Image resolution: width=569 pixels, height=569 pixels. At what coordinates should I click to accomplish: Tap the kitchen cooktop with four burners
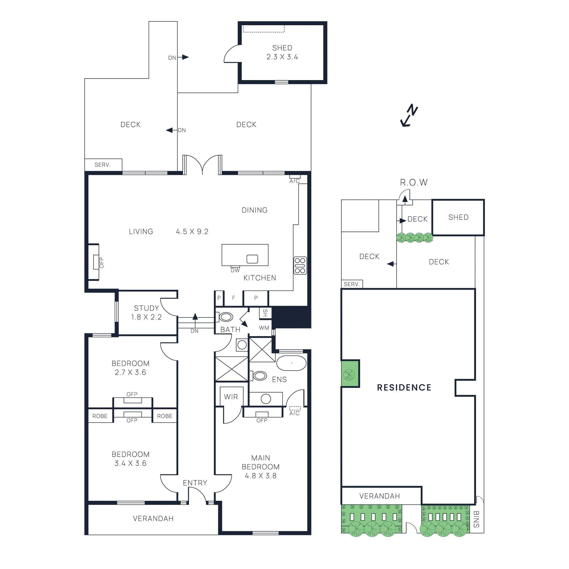300,266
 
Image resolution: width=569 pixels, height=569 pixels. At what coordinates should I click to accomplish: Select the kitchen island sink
252,259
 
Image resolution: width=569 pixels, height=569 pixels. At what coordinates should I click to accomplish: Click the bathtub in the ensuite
291,363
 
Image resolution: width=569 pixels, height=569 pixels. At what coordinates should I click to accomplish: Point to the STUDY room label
146,308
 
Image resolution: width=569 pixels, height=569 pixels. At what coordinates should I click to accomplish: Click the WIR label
231,397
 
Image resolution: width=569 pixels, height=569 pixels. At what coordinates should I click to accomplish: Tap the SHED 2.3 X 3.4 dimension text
282,57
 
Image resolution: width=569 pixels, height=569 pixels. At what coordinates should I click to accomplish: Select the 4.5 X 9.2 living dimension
192,232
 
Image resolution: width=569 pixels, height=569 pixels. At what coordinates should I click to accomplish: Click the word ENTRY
195,483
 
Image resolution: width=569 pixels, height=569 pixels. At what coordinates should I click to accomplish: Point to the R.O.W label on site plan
414,182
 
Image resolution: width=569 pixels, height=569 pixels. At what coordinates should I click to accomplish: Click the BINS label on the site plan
477,519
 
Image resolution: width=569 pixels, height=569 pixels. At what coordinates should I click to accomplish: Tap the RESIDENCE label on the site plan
404,388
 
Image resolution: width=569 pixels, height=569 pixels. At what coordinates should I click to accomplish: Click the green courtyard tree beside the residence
349,374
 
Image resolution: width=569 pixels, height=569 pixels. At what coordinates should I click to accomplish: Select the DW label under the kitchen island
235,270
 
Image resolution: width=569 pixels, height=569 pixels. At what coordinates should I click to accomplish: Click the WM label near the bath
264,328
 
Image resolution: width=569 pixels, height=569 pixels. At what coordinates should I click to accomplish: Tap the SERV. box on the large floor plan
103,165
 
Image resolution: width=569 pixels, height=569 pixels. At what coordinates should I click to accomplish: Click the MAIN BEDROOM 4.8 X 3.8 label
261,467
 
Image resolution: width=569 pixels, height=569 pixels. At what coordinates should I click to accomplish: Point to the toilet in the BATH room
225,317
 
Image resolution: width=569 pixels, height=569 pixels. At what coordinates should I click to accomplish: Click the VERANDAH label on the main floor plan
153,519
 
